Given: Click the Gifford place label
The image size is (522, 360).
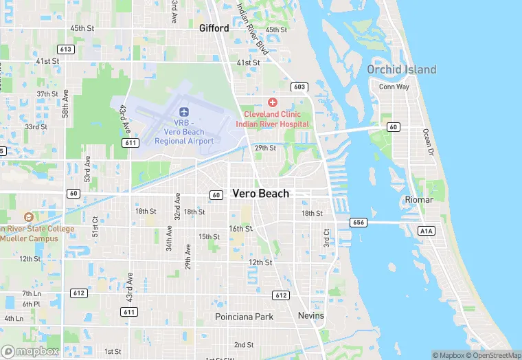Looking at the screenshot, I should [x=214, y=28].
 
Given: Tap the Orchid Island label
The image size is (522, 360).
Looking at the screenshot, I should [x=401, y=69].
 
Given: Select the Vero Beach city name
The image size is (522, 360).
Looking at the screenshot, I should [x=260, y=194].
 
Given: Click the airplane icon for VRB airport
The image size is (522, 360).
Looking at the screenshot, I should [x=183, y=111].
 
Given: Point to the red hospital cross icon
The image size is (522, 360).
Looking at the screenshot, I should [x=273, y=102].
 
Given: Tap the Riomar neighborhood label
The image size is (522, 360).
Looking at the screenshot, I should [x=419, y=200].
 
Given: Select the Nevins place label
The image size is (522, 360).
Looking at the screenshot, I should [x=311, y=315].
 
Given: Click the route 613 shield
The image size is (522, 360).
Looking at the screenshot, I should [x=67, y=49].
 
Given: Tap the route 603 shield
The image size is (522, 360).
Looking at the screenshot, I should [x=299, y=87].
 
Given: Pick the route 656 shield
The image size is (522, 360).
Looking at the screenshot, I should [x=358, y=222].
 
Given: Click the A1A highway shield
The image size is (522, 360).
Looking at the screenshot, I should [x=427, y=231].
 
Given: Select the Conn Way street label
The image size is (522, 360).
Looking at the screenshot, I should [x=394, y=87].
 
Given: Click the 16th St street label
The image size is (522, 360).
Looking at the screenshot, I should [x=240, y=229].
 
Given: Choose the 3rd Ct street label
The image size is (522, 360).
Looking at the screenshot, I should [x=326, y=238].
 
